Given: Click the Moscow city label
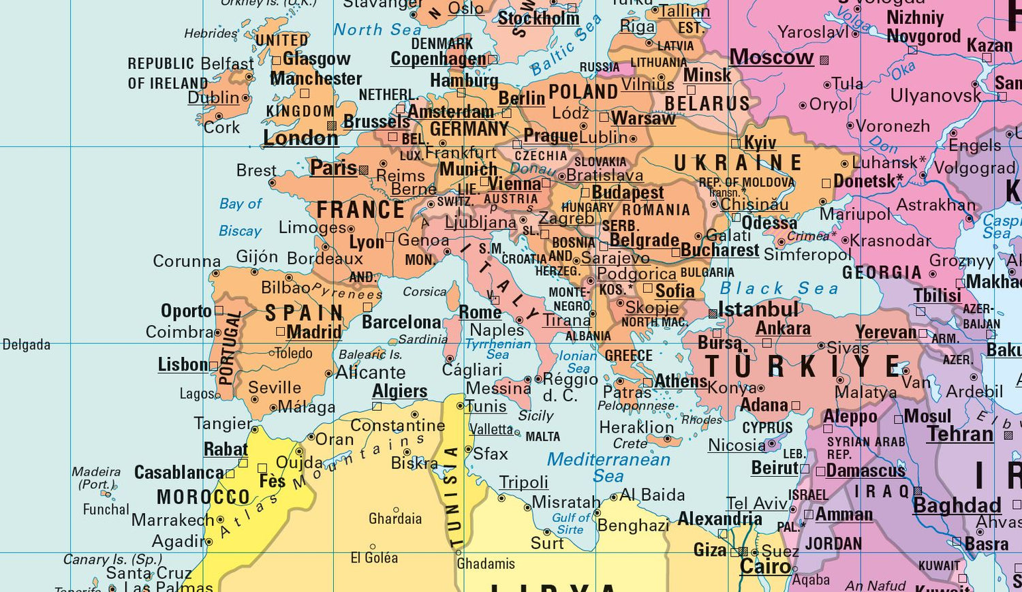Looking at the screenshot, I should [x=771, y=57].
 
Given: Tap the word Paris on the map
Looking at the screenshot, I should [x=333, y=168].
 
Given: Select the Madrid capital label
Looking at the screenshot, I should [x=313, y=332].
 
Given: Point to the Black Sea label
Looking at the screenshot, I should [x=779, y=289].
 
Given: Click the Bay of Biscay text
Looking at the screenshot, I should [x=241, y=217].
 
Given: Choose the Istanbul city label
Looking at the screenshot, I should [x=758, y=310].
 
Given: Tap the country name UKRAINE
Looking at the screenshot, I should [x=738, y=163].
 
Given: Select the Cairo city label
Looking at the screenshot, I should [x=765, y=567].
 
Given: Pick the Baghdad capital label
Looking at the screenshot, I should [x=957, y=505].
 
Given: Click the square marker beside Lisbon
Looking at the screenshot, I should [x=213, y=366].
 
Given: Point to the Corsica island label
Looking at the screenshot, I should [x=424, y=292].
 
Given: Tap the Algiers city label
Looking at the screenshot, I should [x=400, y=392].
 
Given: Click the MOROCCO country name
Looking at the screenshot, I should [x=203, y=497].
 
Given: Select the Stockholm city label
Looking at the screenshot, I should [x=538, y=18].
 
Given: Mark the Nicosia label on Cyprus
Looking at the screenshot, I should [x=737, y=446].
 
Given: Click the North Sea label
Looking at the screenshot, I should [x=377, y=29].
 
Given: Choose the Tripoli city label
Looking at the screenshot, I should [x=523, y=482].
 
